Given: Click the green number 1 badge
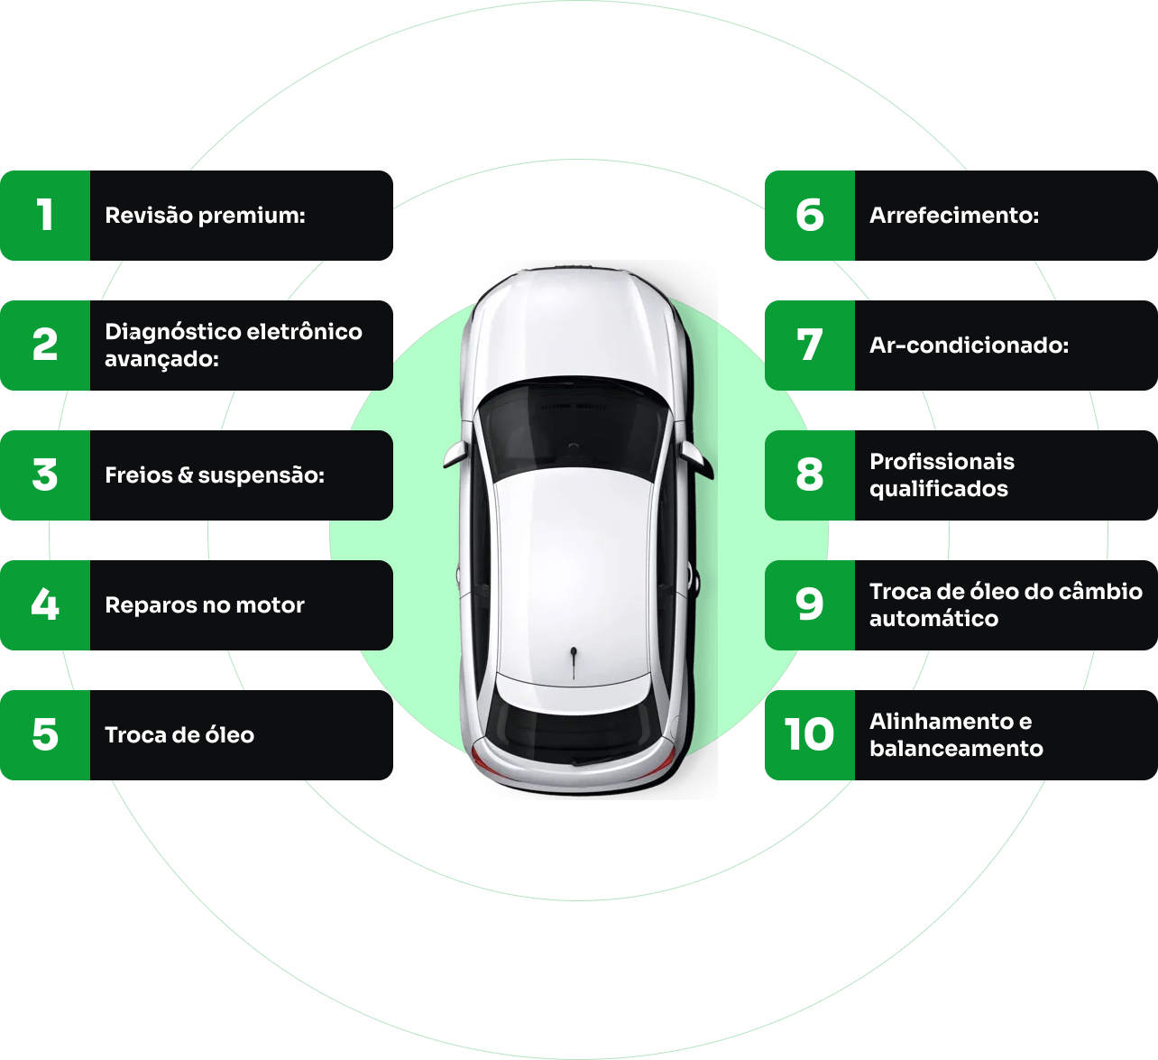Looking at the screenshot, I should (x=45, y=216).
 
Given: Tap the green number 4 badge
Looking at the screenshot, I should (x=45, y=605).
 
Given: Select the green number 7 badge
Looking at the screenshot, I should (x=810, y=346).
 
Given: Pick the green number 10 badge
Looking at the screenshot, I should (x=810, y=735).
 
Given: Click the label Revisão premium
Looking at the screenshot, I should (x=205, y=216).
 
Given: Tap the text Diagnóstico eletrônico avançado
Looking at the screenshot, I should (x=233, y=346).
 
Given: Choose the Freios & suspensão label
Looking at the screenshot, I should (x=214, y=475).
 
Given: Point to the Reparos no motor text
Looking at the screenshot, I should (x=205, y=605).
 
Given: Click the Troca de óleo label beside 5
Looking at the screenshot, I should (x=179, y=735).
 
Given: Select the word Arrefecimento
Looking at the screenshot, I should (x=954, y=216).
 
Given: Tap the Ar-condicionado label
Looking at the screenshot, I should (x=969, y=346).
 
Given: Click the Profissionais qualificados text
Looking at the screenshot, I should (x=942, y=475).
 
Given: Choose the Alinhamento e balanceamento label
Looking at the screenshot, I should (x=955, y=735).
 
